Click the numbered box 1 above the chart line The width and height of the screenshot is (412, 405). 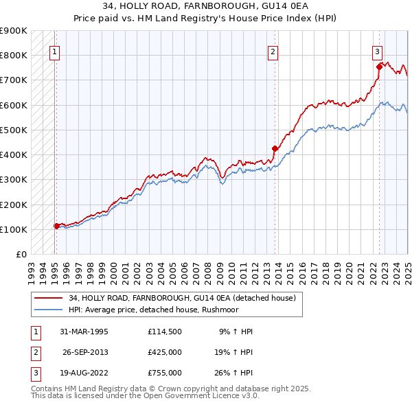coord(54,50)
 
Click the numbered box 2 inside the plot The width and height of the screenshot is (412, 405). coord(273,50)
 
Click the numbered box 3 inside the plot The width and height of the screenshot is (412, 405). coord(377,50)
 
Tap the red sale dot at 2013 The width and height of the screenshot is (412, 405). coord(275,148)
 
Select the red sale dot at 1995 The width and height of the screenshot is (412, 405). coord(56,225)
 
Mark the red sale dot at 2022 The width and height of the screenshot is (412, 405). coord(379,66)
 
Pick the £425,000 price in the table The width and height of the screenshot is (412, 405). coord(165,352)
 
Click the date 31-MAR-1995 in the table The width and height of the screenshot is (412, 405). coord(85,332)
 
